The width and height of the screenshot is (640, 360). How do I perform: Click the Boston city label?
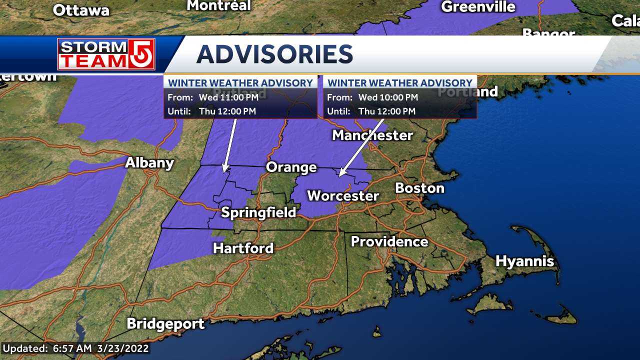tap(419, 188)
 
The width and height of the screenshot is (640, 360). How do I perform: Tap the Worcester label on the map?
tap(342, 195)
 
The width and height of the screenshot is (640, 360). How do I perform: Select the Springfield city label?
tap(258, 212)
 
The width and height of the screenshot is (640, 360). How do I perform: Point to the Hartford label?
tap(243, 248)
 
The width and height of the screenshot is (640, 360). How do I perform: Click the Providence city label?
tap(389, 242)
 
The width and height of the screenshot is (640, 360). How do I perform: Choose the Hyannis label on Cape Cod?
tap(524, 261)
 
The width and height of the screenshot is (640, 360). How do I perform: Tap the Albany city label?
tap(149, 163)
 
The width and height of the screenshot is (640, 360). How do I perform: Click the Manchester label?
tap(372, 135)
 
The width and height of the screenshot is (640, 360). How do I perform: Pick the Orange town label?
tap(291, 167)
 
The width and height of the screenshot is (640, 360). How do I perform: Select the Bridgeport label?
tap(165, 323)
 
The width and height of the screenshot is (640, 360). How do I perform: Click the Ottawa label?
tap(81, 10)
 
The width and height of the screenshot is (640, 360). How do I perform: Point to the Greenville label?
tap(478, 6)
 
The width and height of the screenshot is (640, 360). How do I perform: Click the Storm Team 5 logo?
tap(106, 54)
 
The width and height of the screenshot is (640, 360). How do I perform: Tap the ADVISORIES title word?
tap(274, 54)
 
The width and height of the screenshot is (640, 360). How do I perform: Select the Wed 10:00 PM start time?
tap(388, 97)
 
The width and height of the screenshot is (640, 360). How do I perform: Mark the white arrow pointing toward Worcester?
tap(361, 148)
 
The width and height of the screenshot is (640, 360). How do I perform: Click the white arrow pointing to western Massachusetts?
tap(230, 145)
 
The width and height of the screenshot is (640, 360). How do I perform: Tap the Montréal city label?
tap(218, 5)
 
